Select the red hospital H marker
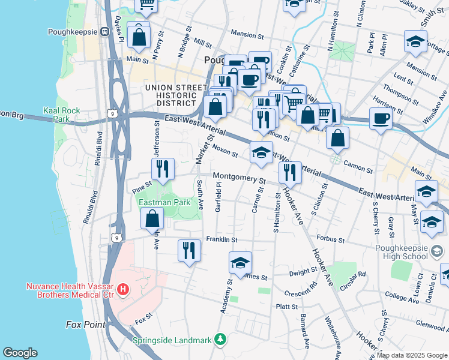(123, 290)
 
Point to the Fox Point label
(85, 325)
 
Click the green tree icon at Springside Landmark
(221, 340)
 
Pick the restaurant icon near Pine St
(163, 170)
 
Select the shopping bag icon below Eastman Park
(152, 219)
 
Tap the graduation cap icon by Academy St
(240, 263)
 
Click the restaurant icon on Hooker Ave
(290, 172)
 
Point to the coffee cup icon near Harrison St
(381, 118)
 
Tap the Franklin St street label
(222, 239)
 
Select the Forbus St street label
(331, 239)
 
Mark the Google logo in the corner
(20, 353)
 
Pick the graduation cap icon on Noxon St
(261, 153)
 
